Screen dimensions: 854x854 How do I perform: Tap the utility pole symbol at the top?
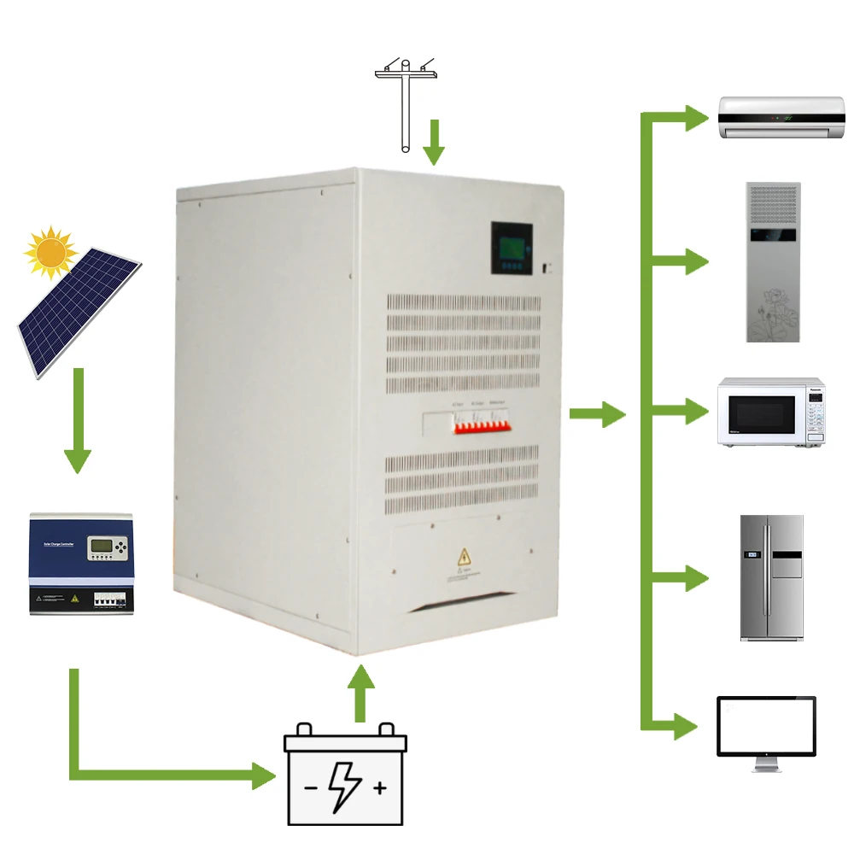406,102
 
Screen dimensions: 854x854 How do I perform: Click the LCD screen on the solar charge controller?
105,547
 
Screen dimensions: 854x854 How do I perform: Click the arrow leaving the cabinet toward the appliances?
598,414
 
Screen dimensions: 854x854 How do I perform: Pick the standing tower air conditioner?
773,262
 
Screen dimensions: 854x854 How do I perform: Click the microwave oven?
771,412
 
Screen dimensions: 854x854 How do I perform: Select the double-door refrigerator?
771,577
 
